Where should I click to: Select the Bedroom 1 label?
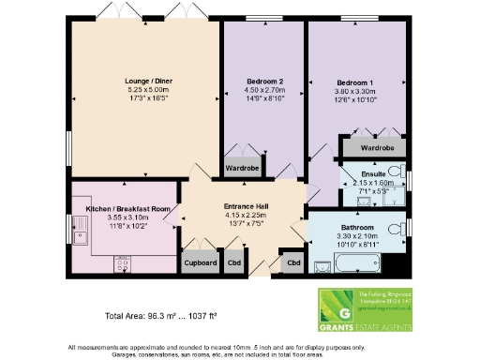(x=355, y=82)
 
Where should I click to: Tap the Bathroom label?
(x=358, y=226)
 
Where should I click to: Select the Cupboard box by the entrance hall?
(x=199, y=263)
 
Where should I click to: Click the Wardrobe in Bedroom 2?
(x=242, y=169)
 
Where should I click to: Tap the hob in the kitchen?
(x=121, y=265)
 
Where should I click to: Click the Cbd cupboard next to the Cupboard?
(x=232, y=263)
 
